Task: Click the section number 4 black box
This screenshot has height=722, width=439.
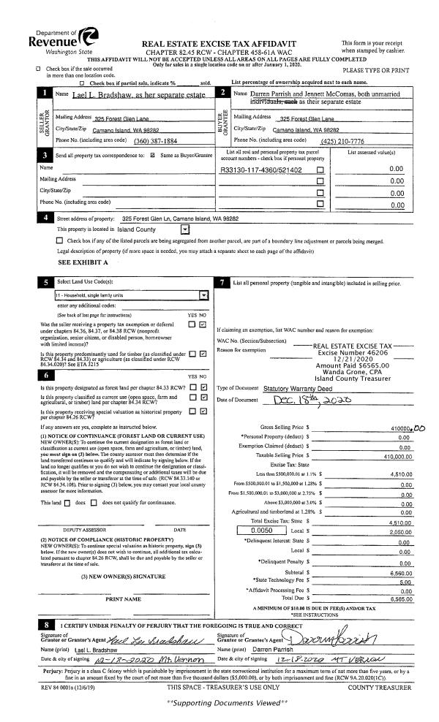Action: [47, 218]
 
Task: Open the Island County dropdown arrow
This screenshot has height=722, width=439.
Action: [184, 229]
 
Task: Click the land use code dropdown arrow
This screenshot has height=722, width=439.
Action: [203, 295]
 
